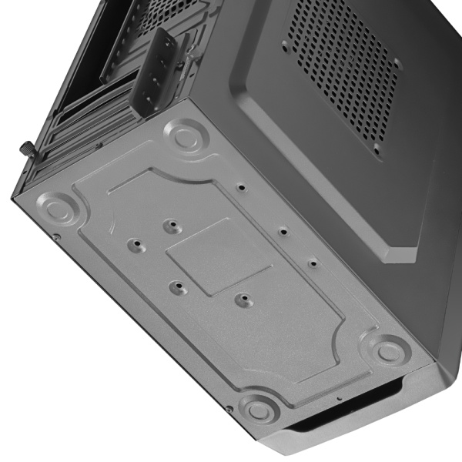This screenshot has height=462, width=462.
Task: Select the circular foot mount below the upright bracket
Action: pos(185,137)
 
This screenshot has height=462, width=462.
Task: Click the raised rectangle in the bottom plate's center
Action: pos(219,256)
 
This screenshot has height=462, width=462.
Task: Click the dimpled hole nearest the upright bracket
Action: pos(171,226)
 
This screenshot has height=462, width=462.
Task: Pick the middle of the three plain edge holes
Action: pos(282,230)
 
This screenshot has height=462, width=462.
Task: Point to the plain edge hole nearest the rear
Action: pos(241,187)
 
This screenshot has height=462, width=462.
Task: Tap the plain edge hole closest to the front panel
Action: pos(313,263)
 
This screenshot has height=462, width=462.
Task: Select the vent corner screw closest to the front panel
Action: pos(377,146)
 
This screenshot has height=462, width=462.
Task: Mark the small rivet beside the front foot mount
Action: pos(230,408)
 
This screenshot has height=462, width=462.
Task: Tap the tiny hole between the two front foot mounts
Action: pos(339,398)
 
